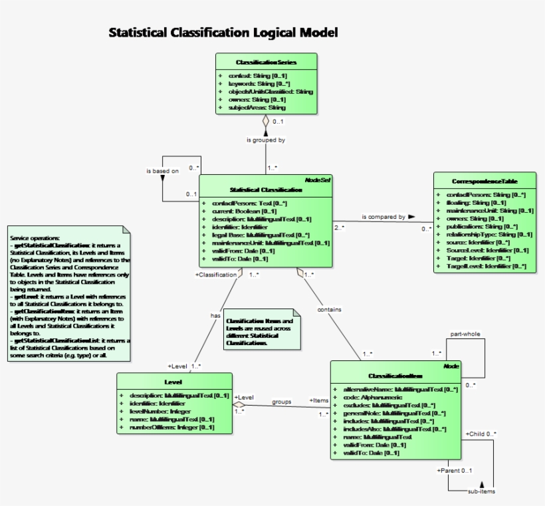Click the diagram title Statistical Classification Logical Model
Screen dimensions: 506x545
(x=223, y=33)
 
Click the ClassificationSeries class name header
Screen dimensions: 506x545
(x=266, y=62)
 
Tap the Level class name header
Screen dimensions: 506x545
(x=173, y=382)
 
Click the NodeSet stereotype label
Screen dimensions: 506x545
(x=317, y=180)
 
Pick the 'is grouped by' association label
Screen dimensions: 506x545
(x=266, y=140)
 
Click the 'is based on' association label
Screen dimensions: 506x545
(x=162, y=171)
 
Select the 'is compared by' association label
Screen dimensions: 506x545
(x=383, y=217)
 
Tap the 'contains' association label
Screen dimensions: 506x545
(x=330, y=310)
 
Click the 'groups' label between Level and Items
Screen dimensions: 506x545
(x=282, y=402)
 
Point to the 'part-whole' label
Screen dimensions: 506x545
(x=465, y=334)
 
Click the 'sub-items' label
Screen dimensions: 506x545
(x=481, y=491)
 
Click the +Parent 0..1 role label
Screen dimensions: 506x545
(x=454, y=471)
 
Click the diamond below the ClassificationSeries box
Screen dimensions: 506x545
(x=266, y=122)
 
